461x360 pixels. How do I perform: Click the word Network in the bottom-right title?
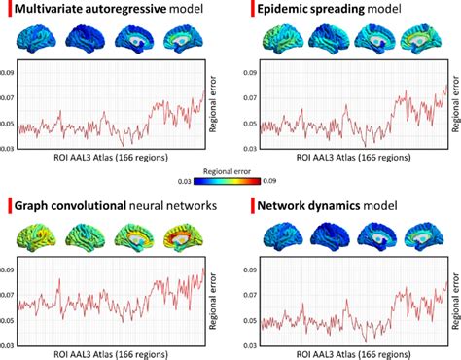pos(292,205)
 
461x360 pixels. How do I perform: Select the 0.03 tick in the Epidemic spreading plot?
pos(249,147)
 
